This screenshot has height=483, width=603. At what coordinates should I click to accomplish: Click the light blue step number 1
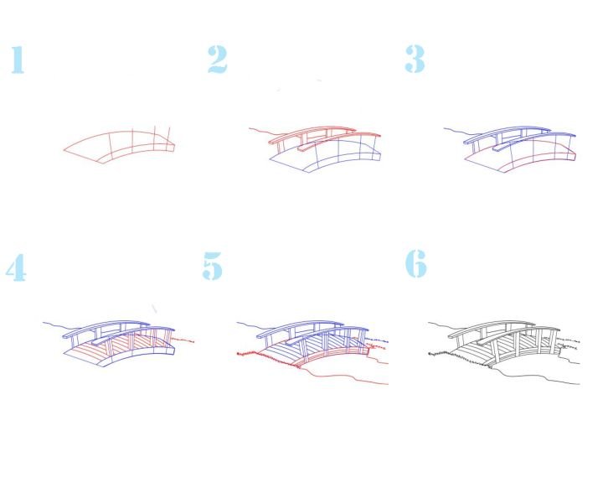18,60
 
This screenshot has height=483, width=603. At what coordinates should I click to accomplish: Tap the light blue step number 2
217,59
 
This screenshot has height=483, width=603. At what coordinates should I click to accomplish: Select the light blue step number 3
415,59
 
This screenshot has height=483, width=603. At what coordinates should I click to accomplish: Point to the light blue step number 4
16,267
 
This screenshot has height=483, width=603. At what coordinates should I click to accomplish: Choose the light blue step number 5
212,266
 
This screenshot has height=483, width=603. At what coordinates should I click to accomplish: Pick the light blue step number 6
416,263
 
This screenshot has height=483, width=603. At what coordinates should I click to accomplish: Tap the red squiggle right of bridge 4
183,340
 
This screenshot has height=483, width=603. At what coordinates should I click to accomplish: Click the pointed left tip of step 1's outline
64,150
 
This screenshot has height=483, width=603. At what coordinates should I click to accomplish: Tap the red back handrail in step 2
312,132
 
